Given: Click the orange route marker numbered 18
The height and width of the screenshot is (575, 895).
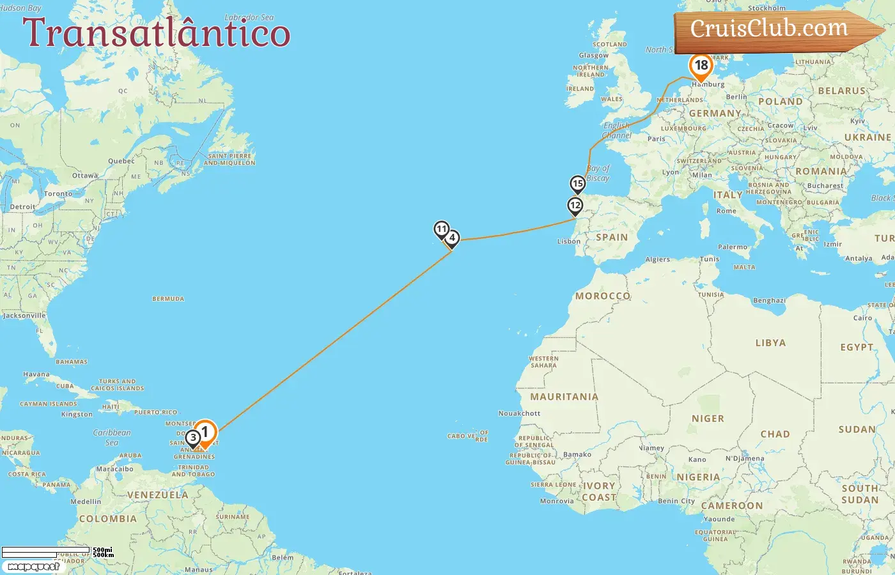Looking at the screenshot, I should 701,66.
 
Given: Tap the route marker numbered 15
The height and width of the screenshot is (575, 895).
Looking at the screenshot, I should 578,184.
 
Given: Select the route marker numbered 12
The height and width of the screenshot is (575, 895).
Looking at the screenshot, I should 575,206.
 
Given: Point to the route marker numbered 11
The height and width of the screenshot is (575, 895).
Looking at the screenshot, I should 441,229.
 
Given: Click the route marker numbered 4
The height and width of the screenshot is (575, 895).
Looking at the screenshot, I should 452,238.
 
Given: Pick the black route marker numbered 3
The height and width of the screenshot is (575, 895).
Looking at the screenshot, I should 193,438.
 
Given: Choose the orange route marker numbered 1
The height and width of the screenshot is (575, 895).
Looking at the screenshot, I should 205,433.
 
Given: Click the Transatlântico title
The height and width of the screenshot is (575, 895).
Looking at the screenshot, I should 157,33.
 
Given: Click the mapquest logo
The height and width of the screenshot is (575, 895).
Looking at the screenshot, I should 34,566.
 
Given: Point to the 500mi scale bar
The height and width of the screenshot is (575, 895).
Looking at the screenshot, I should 46,550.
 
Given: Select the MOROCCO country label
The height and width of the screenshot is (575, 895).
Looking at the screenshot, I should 603,296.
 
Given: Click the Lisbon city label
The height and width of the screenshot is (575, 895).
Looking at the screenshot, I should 569,241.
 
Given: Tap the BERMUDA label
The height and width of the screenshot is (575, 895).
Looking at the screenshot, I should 168,299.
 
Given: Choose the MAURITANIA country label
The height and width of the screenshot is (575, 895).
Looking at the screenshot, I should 564,397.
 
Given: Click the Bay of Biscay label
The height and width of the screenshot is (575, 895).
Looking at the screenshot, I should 598,173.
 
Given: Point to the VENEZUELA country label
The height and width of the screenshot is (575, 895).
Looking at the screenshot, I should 157,495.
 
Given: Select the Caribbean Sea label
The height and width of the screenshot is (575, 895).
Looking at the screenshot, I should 112,437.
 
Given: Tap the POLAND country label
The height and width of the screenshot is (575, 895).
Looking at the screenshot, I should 780,102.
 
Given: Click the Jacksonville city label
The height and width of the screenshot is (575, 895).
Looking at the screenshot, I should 24,316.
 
